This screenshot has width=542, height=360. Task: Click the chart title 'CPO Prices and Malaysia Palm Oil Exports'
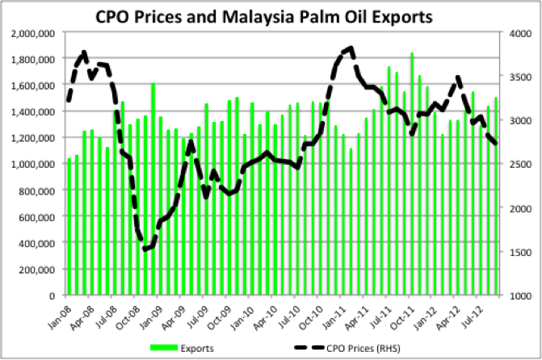click(x=264, y=17)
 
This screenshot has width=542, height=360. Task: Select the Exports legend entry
click(x=182, y=348)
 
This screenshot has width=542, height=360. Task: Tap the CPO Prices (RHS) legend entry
click(x=347, y=348)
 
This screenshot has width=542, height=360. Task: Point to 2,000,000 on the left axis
click(x=33, y=34)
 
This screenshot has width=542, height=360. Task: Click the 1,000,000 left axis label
click(x=33, y=164)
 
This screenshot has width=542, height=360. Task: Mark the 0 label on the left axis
click(x=52, y=295)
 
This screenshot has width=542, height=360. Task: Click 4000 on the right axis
click(x=519, y=34)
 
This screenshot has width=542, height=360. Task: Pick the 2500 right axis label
click(x=519, y=164)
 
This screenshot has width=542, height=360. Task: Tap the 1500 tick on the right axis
click(x=519, y=252)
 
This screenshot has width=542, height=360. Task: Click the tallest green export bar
click(x=412, y=174)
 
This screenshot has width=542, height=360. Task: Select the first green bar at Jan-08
click(x=69, y=227)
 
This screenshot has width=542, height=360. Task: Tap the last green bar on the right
click(x=496, y=196)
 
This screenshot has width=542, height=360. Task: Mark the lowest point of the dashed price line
click(x=145, y=249)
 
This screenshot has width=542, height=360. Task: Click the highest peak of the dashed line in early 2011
click(x=351, y=48)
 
